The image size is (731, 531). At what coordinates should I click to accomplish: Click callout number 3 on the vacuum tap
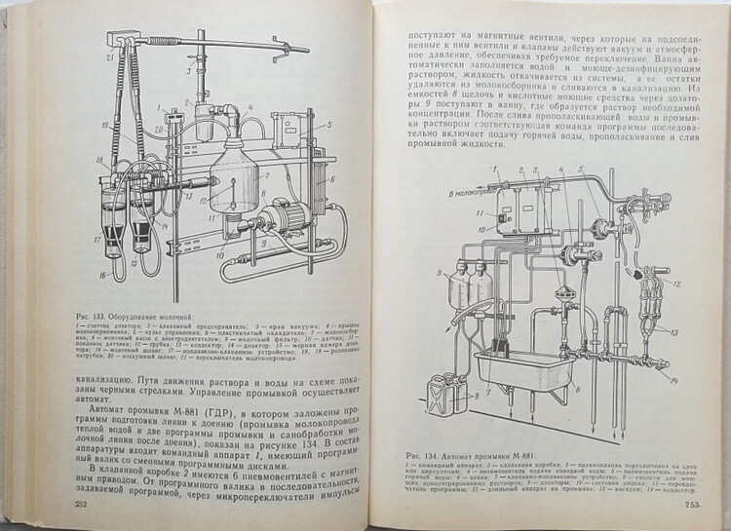[190, 70]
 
